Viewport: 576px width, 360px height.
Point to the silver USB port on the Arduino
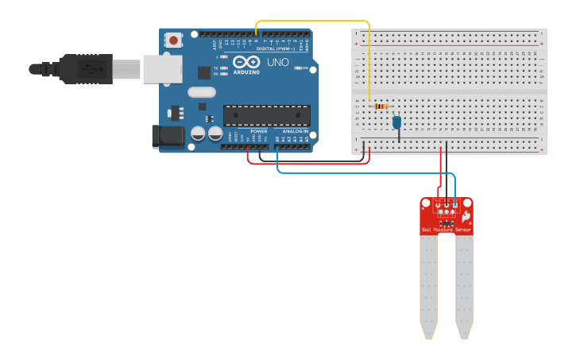[164, 69]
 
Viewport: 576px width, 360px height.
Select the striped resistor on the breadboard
[381, 106]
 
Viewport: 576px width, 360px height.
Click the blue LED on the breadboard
[397, 122]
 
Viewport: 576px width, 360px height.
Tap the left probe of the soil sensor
[429, 286]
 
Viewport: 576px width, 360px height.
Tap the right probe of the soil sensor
[464, 286]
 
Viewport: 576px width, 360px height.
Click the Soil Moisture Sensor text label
[446, 230]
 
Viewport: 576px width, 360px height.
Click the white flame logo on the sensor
[466, 215]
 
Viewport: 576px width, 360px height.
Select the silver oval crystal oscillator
[202, 92]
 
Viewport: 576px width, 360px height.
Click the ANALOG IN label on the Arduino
[295, 131]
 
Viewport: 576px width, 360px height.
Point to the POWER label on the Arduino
[259, 131]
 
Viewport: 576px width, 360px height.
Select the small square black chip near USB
[204, 72]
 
